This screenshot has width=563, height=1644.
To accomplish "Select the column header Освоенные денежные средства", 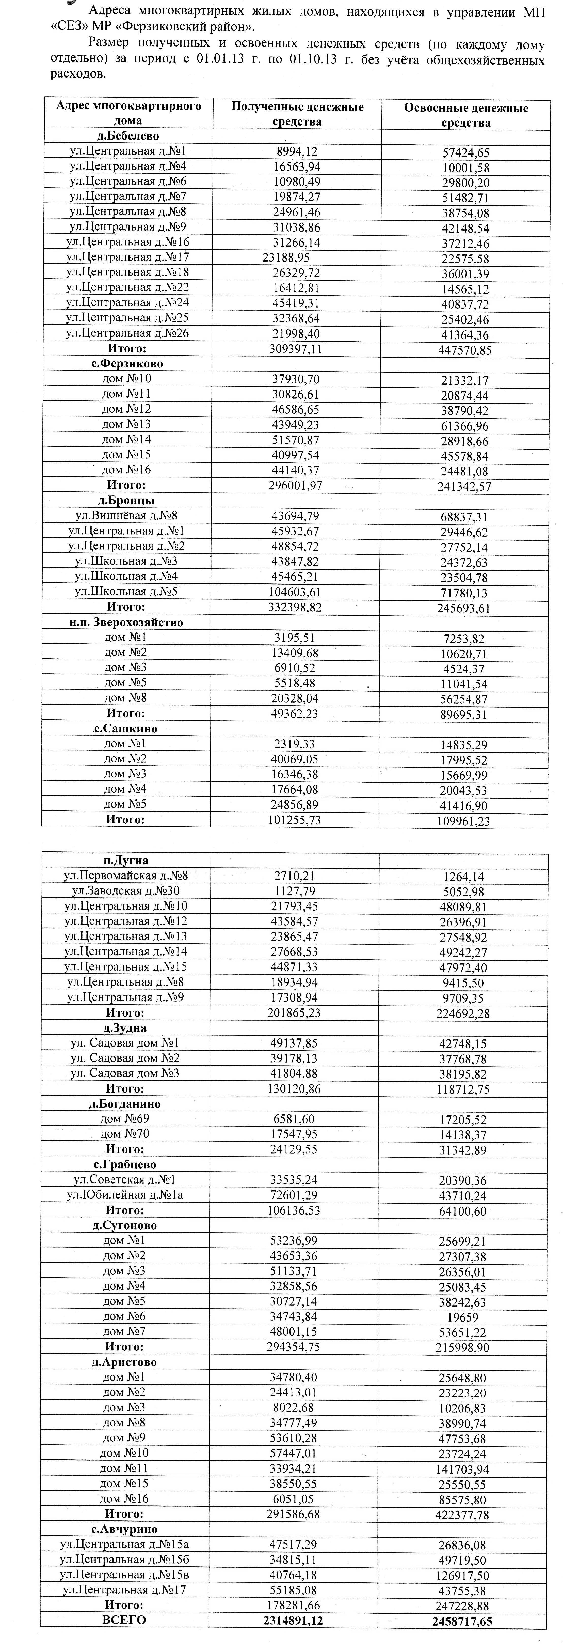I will pyautogui.click(x=465, y=115).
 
